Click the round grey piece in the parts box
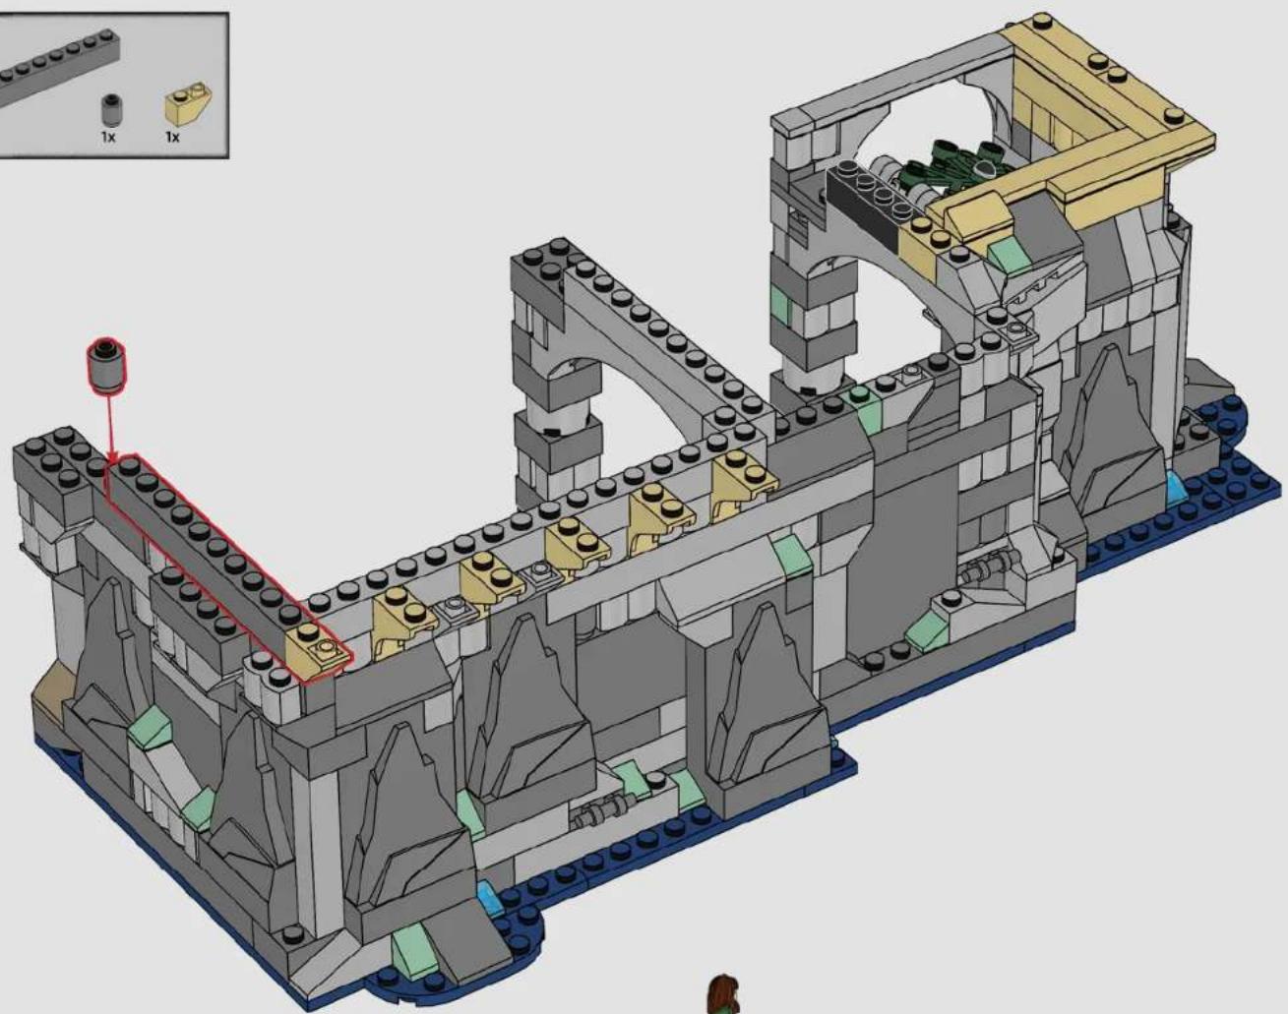point(110,111)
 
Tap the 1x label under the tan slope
point(172,138)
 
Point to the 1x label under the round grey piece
point(107,137)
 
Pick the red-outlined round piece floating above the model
point(106,366)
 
